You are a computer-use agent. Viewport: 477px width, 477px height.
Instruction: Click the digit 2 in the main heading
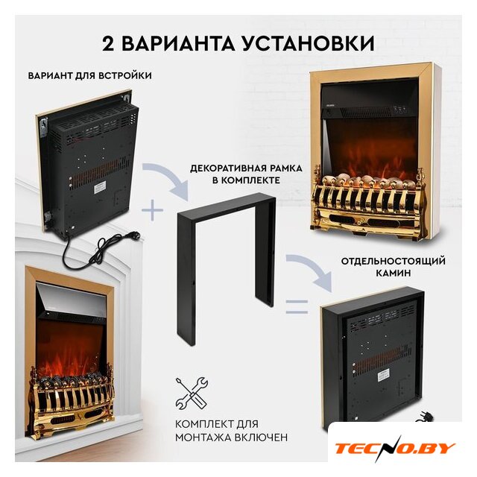coord(109,44)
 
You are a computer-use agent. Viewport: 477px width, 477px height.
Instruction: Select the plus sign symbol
coord(152,210)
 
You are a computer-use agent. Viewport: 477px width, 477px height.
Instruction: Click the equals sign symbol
coord(297,306)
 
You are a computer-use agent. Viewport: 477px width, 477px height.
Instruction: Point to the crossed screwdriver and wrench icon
coord(192,394)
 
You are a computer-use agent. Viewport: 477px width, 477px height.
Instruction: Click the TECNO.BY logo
coord(395,449)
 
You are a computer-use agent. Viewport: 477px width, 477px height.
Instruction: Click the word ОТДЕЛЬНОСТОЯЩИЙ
coord(393,262)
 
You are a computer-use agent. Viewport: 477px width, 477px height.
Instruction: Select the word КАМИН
coord(393,274)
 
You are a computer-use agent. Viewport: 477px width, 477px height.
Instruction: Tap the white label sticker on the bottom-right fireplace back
coord(385,376)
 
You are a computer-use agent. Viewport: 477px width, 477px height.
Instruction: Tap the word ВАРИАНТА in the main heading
coord(178,44)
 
